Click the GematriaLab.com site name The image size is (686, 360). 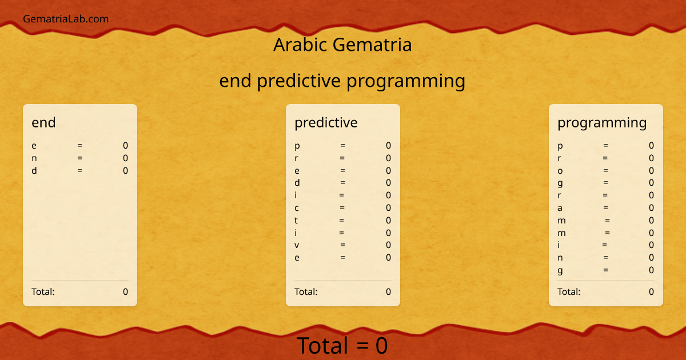coord(66,19)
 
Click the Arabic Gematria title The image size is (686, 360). coord(342,45)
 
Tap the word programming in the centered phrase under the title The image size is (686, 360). coord(406,81)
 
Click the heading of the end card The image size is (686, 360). coord(43,122)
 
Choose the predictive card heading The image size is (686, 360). coord(326,122)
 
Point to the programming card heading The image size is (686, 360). coord(602,122)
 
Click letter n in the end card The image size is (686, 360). coord(34,158)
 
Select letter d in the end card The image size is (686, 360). coord(34,170)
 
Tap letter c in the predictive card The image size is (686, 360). coord(297,208)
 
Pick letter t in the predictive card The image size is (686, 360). coord(296,221)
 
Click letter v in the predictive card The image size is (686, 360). coord(297,245)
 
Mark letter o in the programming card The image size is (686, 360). coord(560,171)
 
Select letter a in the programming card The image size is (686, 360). coord(560,208)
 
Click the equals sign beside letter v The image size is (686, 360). coord(342,245)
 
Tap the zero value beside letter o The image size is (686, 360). coord(651,171)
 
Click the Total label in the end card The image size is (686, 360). coord(43,292)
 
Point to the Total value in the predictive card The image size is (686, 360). coord(388,292)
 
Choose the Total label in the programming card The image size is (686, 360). coord(569,292)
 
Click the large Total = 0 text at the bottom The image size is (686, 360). coord(342,346)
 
